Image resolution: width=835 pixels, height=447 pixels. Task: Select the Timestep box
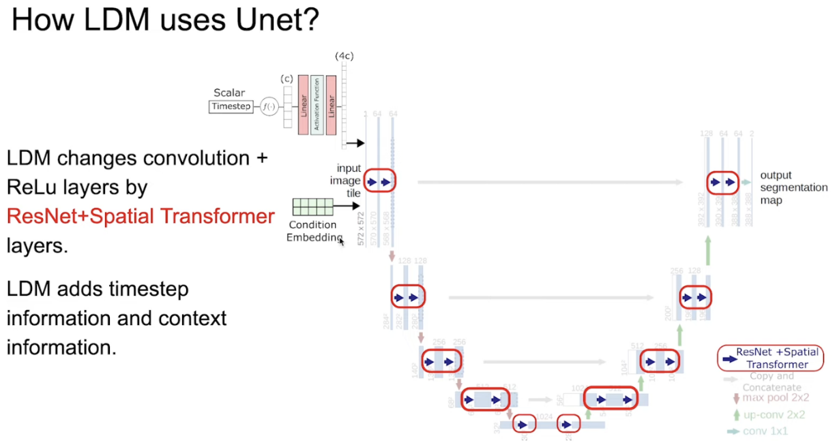click(231, 106)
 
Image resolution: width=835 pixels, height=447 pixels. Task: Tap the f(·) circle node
click(269, 106)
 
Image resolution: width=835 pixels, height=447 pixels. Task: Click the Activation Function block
click(317, 105)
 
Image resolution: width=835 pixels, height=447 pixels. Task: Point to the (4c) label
click(343, 56)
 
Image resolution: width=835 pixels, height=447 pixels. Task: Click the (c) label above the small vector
click(287, 78)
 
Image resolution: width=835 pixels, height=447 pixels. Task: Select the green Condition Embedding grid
click(312, 206)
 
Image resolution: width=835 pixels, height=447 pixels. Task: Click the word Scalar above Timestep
click(229, 93)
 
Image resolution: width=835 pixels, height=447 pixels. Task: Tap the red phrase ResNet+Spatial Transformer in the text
click(141, 217)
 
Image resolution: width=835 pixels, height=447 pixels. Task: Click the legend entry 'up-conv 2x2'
click(773, 414)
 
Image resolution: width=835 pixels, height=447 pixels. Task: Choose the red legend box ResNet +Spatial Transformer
click(770, 358)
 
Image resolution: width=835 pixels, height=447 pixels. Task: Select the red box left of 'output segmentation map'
click(723, 182)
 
